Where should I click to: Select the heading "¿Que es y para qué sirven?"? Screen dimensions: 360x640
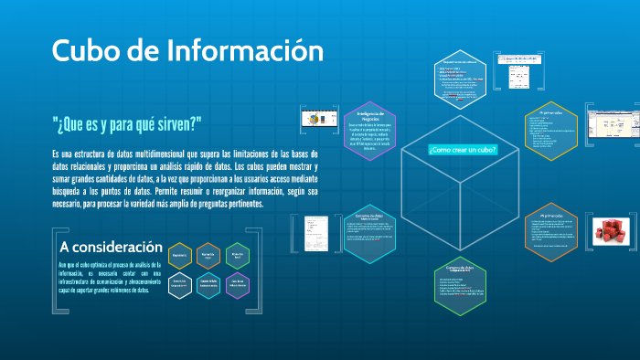(127, 123)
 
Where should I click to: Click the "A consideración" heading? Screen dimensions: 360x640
(111, 248)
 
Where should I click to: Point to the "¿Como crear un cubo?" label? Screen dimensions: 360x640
(462, 149)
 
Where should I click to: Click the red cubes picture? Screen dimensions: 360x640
(609, 235)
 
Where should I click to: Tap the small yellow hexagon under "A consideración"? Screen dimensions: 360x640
(180, 256)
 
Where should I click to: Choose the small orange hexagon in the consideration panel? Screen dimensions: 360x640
(208, 256)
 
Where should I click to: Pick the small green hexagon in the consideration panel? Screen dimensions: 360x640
(238, 256)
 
